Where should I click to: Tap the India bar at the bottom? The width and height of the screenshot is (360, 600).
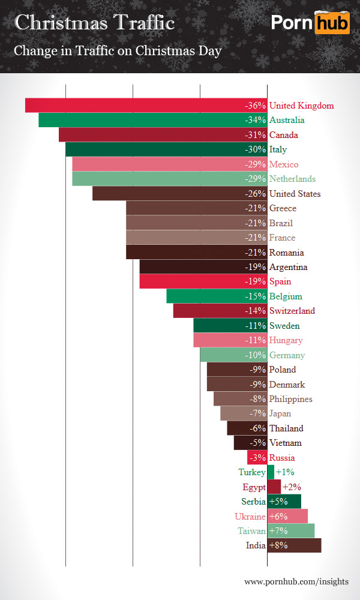pos(294,545)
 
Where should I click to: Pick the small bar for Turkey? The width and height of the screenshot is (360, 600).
pos(271,472)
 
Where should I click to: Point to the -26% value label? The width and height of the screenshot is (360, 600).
pos(255,194)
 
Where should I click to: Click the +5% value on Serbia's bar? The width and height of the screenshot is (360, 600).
pos(279,502)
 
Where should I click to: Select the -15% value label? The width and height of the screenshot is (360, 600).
pos(255,296)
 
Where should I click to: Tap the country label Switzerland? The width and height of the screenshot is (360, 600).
pos(292,311)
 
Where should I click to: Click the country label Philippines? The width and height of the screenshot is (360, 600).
pos(290,399)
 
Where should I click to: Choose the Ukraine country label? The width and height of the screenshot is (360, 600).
pos(250,516)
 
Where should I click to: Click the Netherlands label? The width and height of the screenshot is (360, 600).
pos(292,179)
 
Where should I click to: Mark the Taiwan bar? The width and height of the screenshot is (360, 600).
pos(291,531)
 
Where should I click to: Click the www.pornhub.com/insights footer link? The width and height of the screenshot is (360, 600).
pos(296,581)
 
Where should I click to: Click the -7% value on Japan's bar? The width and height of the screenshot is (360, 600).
pos(257,413)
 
